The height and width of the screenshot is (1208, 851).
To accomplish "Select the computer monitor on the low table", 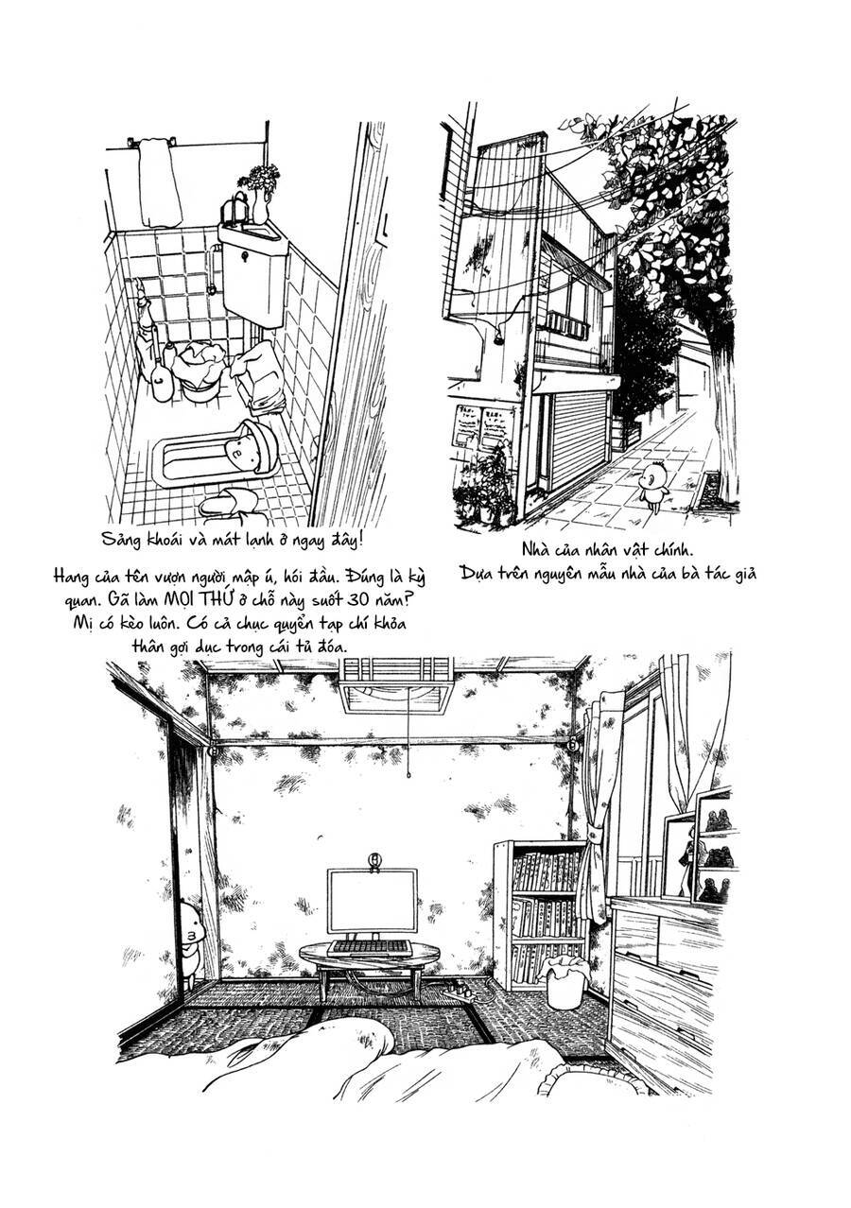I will (x=373, y=903).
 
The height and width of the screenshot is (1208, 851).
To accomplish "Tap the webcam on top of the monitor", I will (x=374, y=860).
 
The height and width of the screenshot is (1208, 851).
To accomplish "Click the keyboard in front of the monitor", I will (x=370, y=946).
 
